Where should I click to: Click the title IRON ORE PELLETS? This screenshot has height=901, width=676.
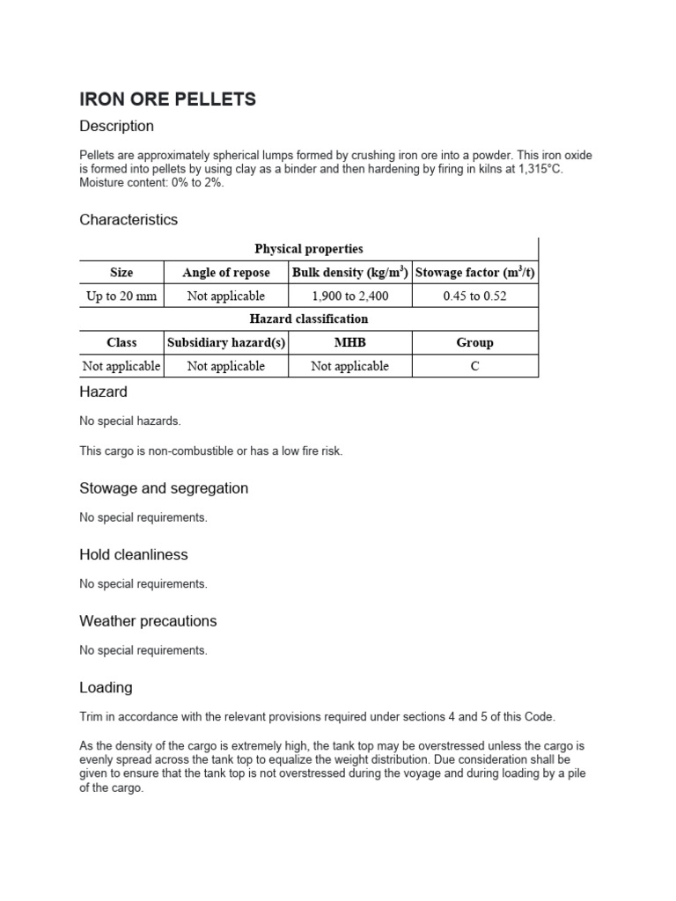tap(167, 99)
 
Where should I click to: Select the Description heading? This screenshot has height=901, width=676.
tap(116, 126)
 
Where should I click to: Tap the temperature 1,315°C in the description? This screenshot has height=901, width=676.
tap(532, 169)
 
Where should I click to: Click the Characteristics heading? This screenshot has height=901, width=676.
tap(129, 219)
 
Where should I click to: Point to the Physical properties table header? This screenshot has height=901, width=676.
tap(308, 249)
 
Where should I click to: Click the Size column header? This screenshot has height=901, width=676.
tap(121, 273)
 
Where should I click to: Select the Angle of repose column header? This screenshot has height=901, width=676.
tap(226, 273)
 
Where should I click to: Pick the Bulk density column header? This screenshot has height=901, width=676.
tap(349, 273)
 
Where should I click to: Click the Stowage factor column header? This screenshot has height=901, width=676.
tap(474, 273)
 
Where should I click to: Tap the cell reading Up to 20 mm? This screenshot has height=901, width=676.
tap(121, 296)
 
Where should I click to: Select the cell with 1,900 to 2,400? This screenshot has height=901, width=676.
tap(349, 296)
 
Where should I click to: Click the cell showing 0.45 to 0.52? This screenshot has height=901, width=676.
tap(474, 296)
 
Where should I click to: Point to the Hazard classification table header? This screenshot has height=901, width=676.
tap(308, 319)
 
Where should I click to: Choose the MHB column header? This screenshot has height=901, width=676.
tap(349, 342)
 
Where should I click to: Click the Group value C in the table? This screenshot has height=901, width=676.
tap(474, 366)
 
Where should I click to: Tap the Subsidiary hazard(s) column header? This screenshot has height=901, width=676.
tap(226, 342)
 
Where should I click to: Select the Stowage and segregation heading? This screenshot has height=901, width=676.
tap(164, 487)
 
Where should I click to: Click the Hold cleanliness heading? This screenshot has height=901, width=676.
tap(134, 554)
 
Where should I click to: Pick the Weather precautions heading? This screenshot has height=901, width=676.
tap(148, 620)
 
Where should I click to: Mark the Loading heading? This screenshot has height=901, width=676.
tap(106, 687)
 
